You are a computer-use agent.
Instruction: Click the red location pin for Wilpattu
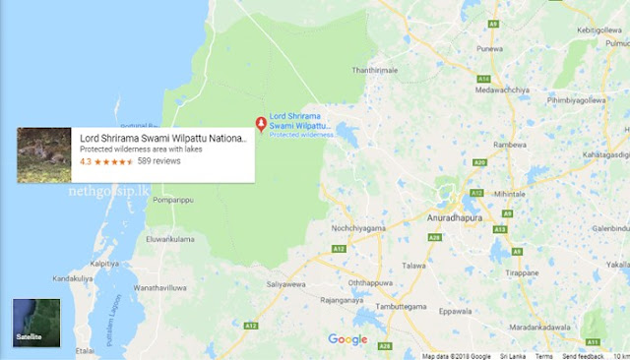tap(261, 124)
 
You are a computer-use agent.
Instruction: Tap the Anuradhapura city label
tap(461, 215)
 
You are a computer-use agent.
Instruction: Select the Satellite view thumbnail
tap(36, 322)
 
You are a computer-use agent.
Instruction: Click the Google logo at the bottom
tap(346, 340)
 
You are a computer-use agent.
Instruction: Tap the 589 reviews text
tap(159, 161)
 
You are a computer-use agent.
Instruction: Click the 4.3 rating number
tap(86, 161)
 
